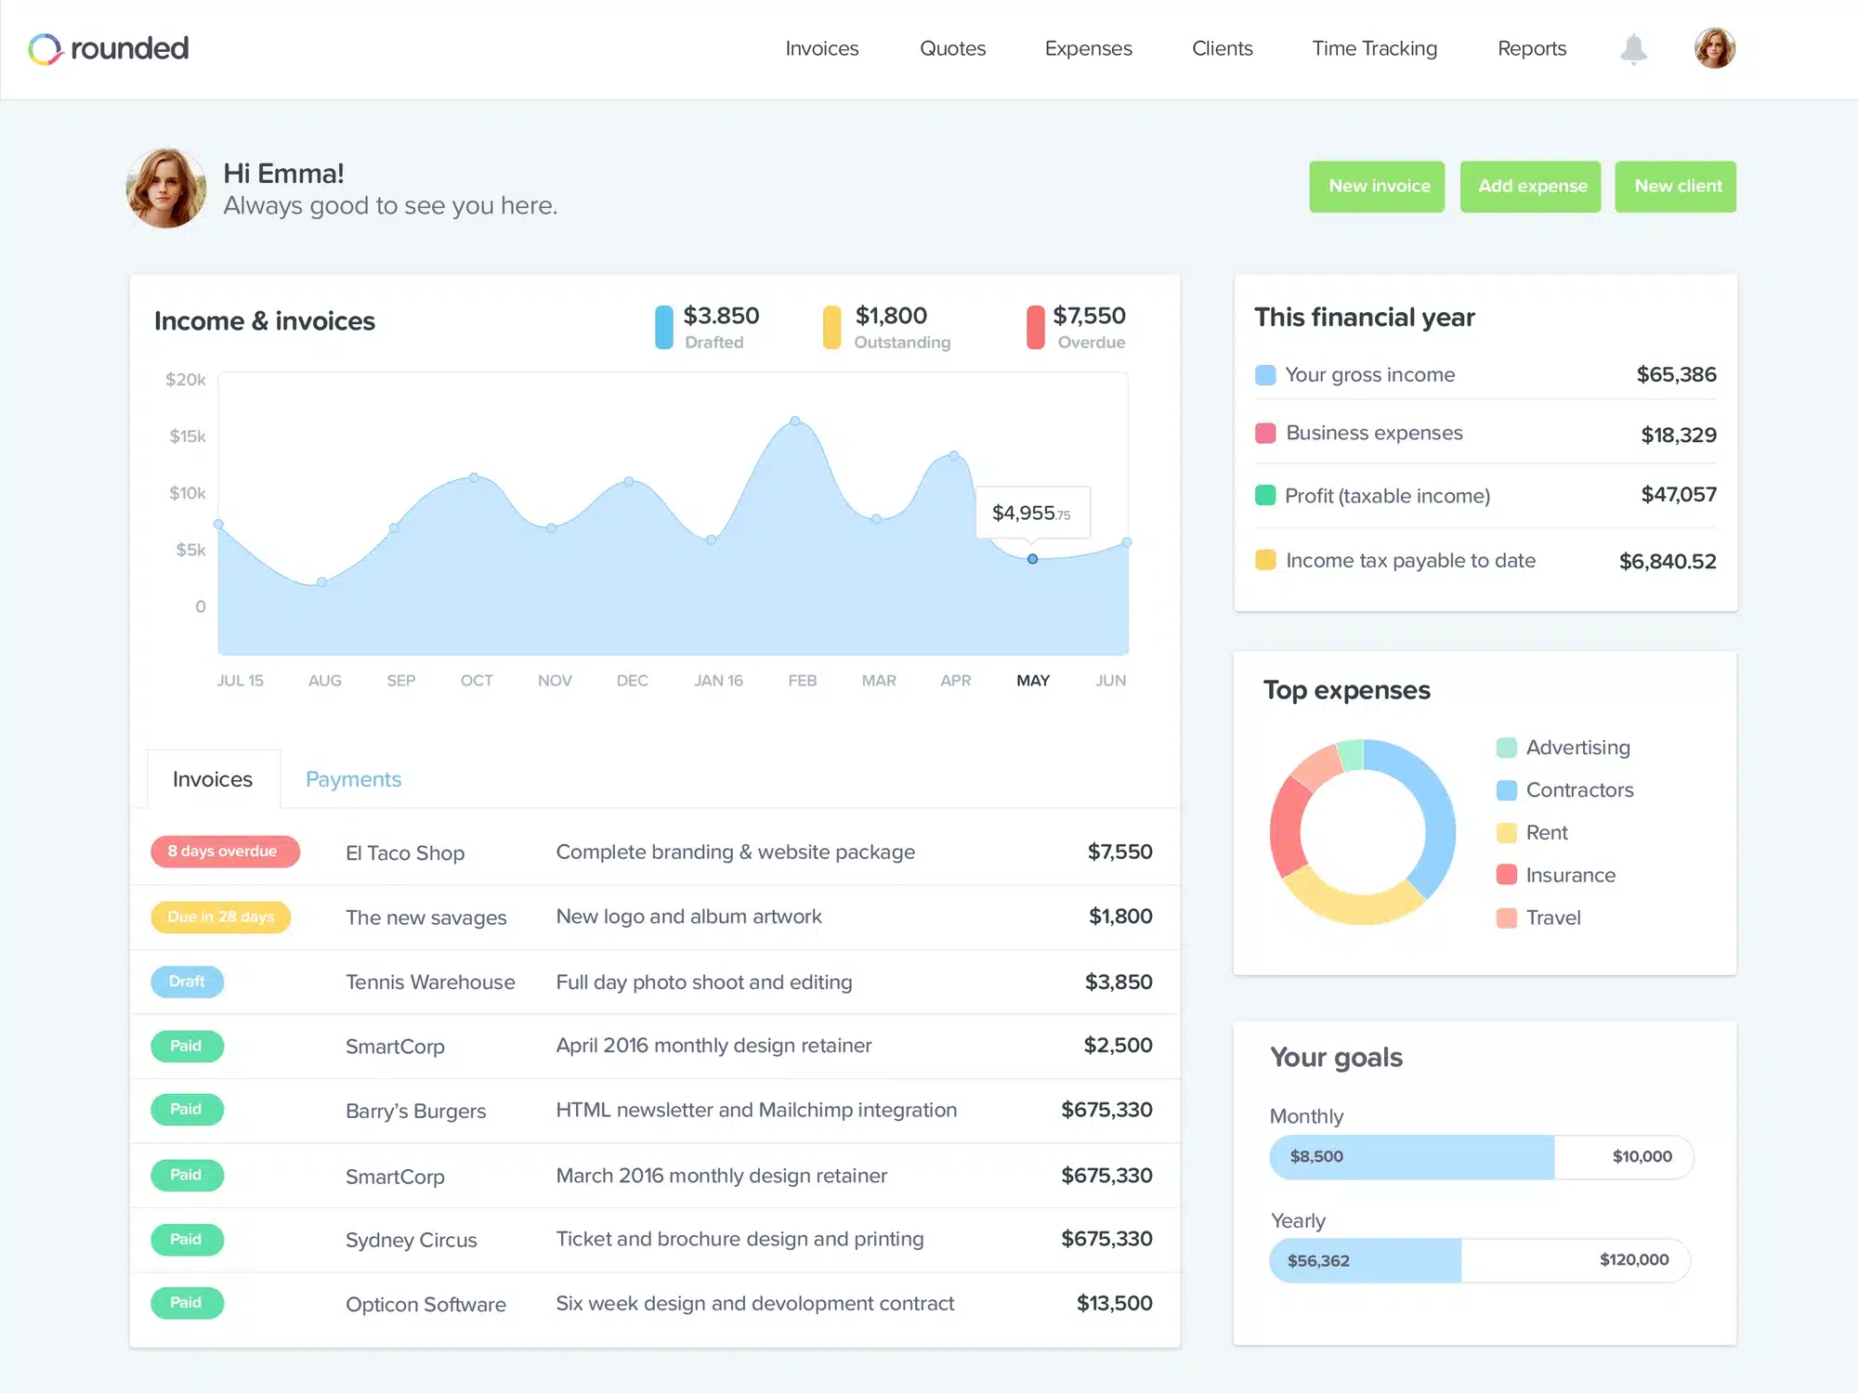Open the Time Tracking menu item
[1374, 48]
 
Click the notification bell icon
[1633, 48]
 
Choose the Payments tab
[353, 779]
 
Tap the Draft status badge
[187, 982]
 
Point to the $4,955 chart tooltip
[1032, 513]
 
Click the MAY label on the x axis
[1033, 681]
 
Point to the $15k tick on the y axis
[188, 436]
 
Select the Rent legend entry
[1546, 833]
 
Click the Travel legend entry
[1552, 918]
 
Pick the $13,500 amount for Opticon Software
[1114, 1304]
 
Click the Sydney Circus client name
[412, 1241]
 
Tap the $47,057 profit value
[1678, 495]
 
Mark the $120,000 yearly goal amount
[1633, 1260]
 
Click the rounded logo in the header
[109, 48]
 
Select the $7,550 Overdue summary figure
[1089, 317]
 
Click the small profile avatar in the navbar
[1714, 48]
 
